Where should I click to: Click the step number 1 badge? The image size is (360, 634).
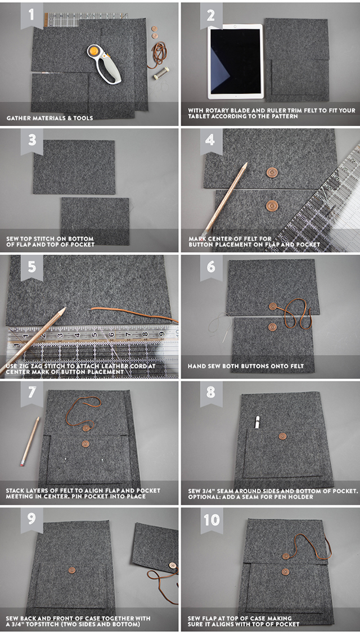coord(32,15)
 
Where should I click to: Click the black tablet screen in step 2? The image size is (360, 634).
coord(235,61)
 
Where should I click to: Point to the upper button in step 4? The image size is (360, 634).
coord(272,172)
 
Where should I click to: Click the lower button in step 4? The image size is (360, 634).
coord(272,205)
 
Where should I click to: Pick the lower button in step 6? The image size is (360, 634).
coord(273,327)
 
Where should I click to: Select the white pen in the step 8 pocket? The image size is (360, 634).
coord(257,422)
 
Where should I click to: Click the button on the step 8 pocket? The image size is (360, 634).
coord(283,437)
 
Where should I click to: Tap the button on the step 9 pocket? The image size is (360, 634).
coord(72,570)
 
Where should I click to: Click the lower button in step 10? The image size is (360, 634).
coord(286,572)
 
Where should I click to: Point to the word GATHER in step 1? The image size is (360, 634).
coord(17,118)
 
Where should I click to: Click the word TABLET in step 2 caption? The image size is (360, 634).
coord(199,116)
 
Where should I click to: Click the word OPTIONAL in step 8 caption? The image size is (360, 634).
coord(204,497)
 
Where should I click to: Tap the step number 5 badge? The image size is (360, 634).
coord(32,267)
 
